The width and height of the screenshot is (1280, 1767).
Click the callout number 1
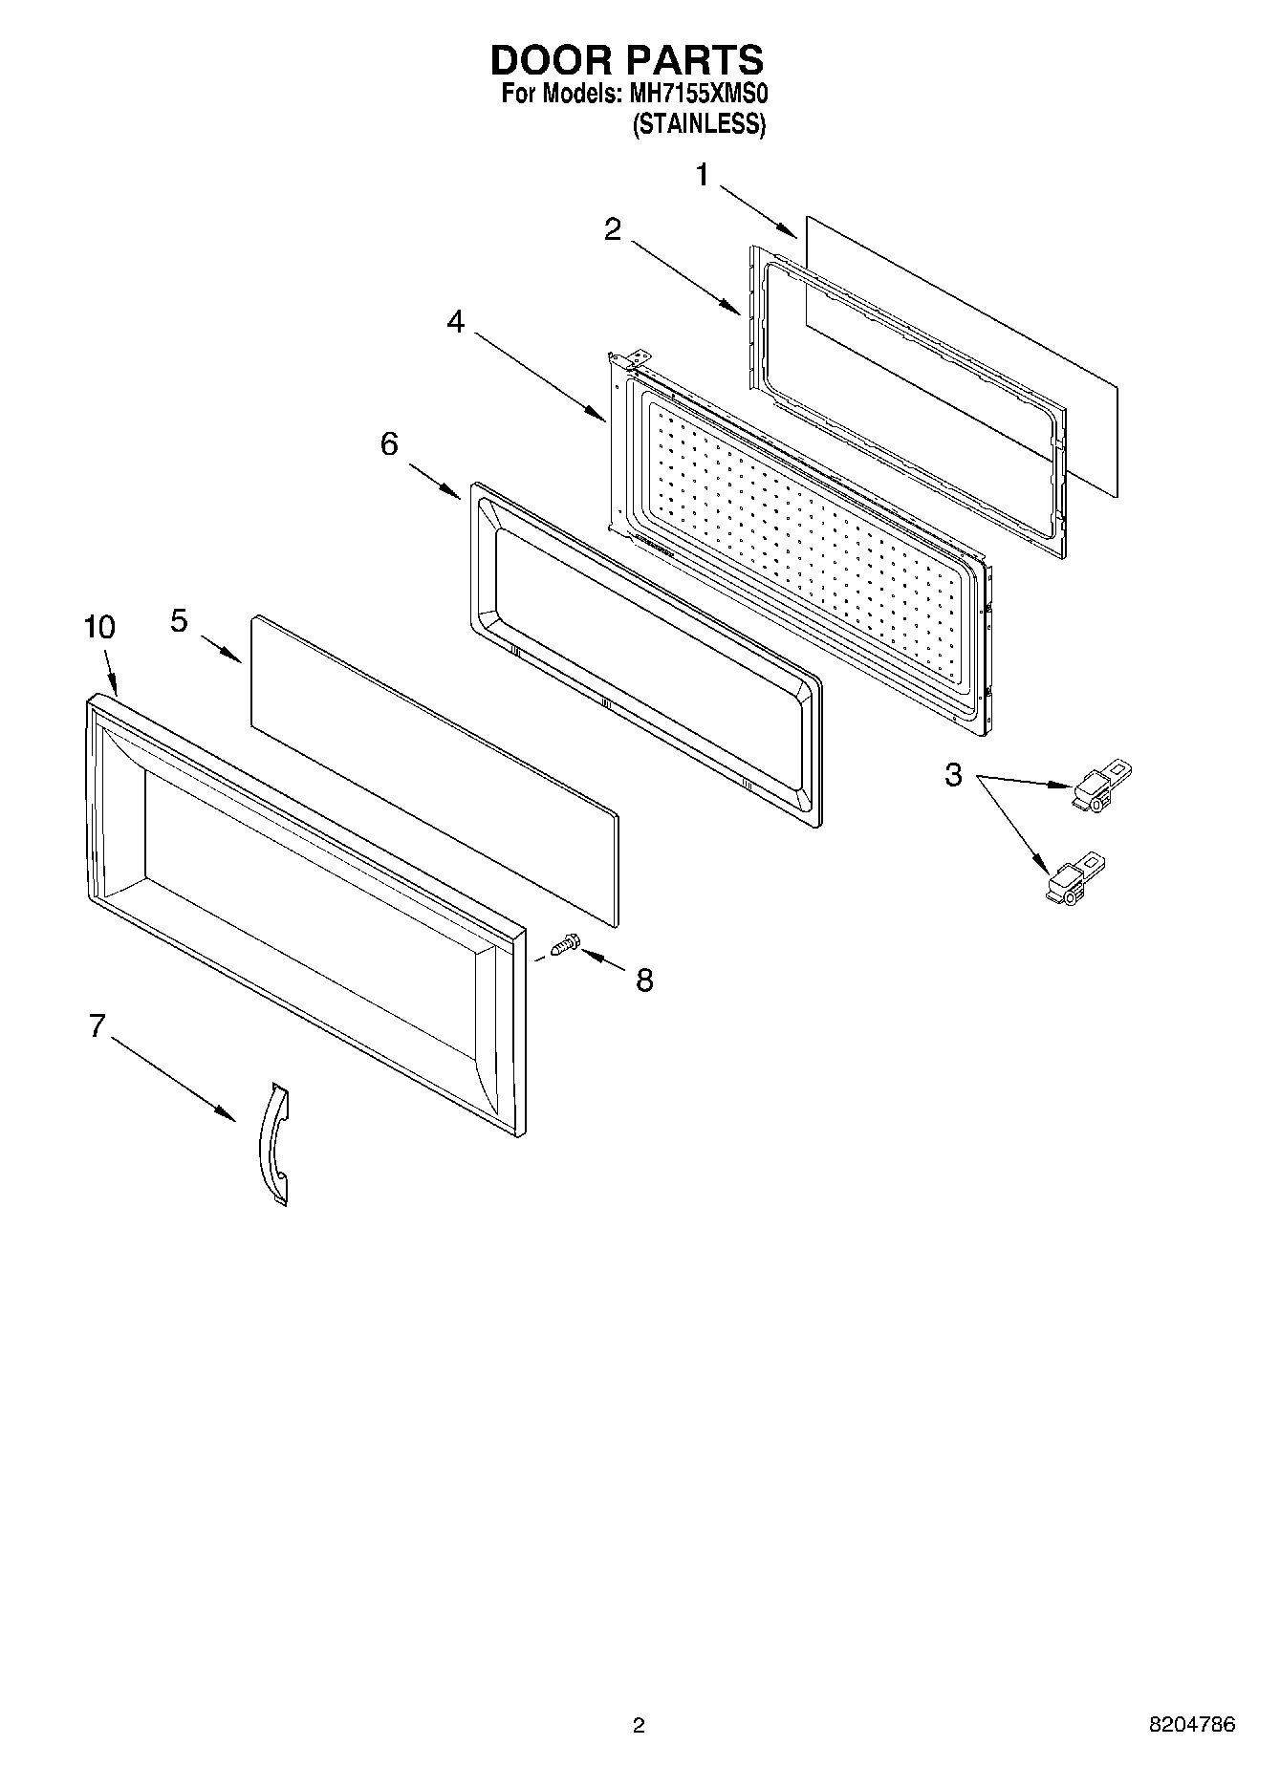pyautogui.click(x=702, y=176)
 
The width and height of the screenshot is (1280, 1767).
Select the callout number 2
pyautogui.click(x=613, y=229)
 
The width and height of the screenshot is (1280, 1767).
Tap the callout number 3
pyautogui.click(x=953, y=775)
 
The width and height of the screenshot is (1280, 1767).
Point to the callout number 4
pyautogui.click(x=456, y=323)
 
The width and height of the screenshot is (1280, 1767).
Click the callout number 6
pyautogui.click(x=389, y=444)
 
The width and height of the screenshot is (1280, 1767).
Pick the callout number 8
pyautogui.click(x=645, y=980)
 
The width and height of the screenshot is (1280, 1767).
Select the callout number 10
pyautogui.click(x=99, y=628)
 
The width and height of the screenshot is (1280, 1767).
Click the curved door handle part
pyautogui.click(x=273, y=1144)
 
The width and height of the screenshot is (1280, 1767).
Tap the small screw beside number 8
pyautogui.click(x=564, y=946)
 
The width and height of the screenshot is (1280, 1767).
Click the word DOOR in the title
pyautogui.click(x=552, y=60)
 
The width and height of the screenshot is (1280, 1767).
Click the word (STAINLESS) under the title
pyautogui.click(x=698, y=124)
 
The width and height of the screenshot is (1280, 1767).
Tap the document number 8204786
pyautogui.click(x=1191, y=1725)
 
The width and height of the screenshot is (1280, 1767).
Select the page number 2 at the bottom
pyautogui.click(x=639, y=1725)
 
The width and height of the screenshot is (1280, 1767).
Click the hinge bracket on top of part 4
pyautogui.click(x=626, y=360)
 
